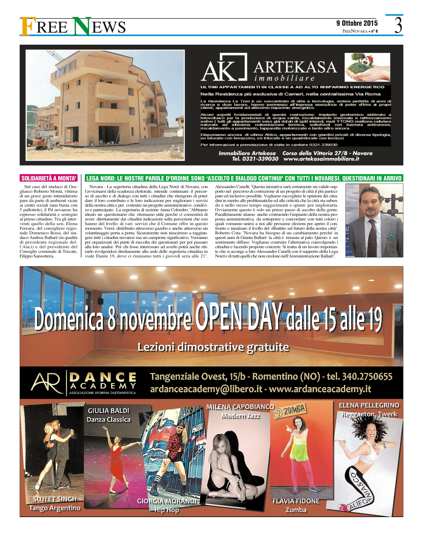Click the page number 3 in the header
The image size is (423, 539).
[x=398, y=25]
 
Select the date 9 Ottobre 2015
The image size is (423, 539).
[x=357, y=23]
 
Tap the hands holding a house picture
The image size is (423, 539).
[x=367, y=67]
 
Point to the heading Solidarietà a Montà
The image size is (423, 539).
[x=49, y=178]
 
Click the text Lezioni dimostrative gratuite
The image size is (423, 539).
[x=213, y=347]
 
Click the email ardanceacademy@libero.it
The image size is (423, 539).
[x=206, y=389]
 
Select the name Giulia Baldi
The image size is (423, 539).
[x=108, y=411]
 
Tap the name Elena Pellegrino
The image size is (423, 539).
[x=369, y=405]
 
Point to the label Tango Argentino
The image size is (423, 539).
[x=55, y=508]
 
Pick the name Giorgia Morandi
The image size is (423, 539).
[x=166, y=501]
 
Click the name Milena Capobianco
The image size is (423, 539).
[x=240, y=407]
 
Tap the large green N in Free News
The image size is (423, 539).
[x=82, y=26]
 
